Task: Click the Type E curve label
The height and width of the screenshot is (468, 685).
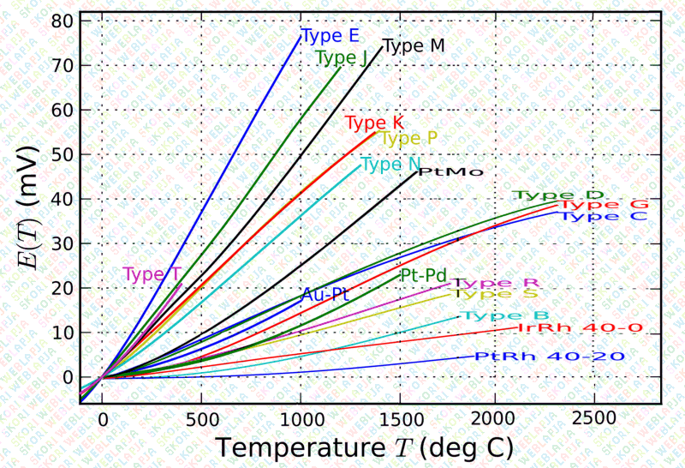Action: (330, 36)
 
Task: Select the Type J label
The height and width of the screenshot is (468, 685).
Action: (341, 57)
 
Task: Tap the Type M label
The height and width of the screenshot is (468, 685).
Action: (414, 46)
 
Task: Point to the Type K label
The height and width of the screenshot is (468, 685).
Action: (373, 123)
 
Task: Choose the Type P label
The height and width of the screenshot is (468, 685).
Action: (408, 138)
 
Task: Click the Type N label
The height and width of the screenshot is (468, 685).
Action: (390, 164)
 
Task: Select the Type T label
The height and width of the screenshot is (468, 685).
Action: (152, 274)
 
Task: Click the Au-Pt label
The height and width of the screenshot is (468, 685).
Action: (325, 294)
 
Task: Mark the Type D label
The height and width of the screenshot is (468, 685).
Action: (558, 195)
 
